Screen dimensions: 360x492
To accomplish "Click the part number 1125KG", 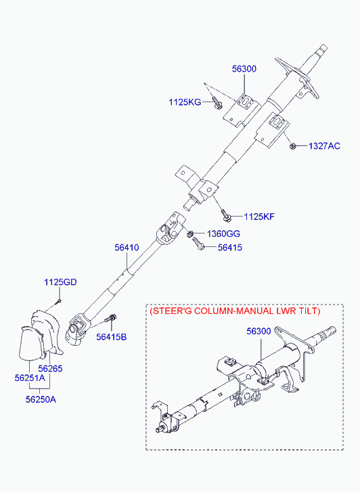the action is [x=185, y=102].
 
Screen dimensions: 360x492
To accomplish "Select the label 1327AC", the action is [x=324, y=146].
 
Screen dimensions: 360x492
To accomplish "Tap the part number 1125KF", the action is [x=259, y=217].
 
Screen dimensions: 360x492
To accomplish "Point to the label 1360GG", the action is [x=223, y=233].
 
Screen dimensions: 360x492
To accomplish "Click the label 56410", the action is [x=127, y=248].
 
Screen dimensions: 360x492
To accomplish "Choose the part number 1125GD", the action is [x=60, y=282].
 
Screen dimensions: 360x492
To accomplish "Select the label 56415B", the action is [x=112, y=337].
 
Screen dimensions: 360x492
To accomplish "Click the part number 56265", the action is [x=50, y=368].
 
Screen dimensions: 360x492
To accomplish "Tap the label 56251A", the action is [x=30, y=378].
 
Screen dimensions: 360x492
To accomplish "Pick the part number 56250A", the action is [x=41, y=399].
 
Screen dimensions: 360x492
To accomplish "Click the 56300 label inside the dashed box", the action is [x=258, y=331].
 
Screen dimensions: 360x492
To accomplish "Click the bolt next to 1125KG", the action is [x=217, y=104].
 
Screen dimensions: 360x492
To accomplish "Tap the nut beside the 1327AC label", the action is [x=292, y=146].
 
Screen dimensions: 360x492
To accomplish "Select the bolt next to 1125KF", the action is [x=226, y=215].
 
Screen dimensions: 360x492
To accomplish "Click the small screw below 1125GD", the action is [x=58, y=302].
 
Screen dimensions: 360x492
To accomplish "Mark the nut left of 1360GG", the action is [x=190, y=233].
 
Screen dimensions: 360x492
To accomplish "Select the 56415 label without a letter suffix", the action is [x=230, y=248].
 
